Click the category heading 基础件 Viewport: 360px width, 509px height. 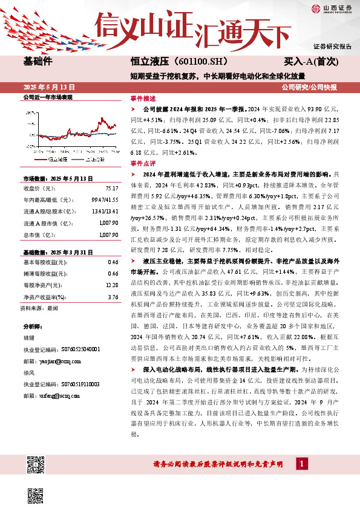39,61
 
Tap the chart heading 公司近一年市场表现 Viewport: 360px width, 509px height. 47,97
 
